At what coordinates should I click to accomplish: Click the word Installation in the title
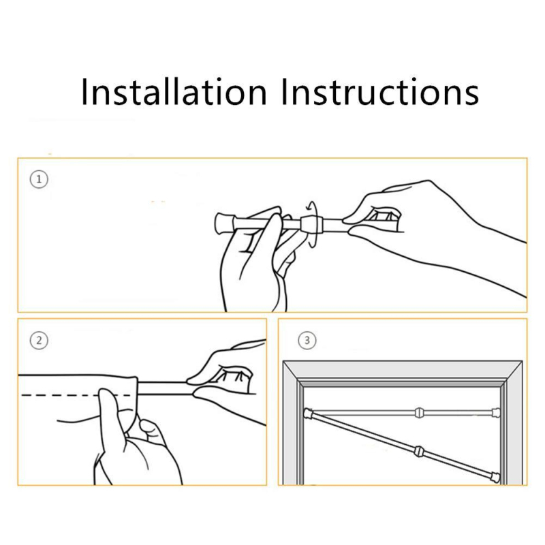(174, 91)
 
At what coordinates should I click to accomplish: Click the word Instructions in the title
(380, 91)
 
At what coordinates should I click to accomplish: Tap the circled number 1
(39, 179)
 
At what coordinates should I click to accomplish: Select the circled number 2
(39, 340)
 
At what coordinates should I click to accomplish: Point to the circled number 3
(307, 340)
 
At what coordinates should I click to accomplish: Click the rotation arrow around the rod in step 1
(314, 224)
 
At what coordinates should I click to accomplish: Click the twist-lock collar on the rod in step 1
(311, 224)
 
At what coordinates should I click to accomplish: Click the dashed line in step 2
(76, 395)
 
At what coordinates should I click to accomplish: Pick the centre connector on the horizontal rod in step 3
(420, 413)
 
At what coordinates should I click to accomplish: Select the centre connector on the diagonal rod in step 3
(420, 452)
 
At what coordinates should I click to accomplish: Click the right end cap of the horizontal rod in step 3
(497, 413)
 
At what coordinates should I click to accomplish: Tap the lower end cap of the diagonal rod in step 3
(496, 478)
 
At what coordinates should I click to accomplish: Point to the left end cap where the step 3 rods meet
(309, 414)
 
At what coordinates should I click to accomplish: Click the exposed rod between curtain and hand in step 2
(165, 388)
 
